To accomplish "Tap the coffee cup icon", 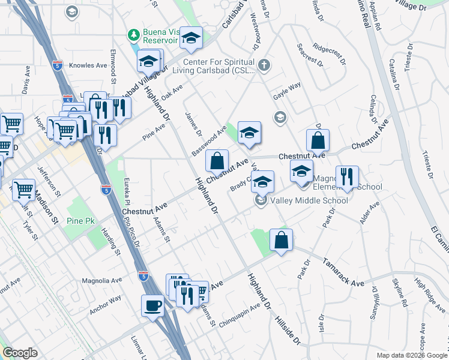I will [x=152, y=305].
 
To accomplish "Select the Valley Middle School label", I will [x=309, y=200].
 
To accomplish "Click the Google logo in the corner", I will [x=20, y=353].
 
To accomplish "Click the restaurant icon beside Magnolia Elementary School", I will [x=346, y=177].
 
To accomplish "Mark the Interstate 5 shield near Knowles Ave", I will [x=58, y=64].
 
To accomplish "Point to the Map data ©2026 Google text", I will [x=411, y=355].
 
